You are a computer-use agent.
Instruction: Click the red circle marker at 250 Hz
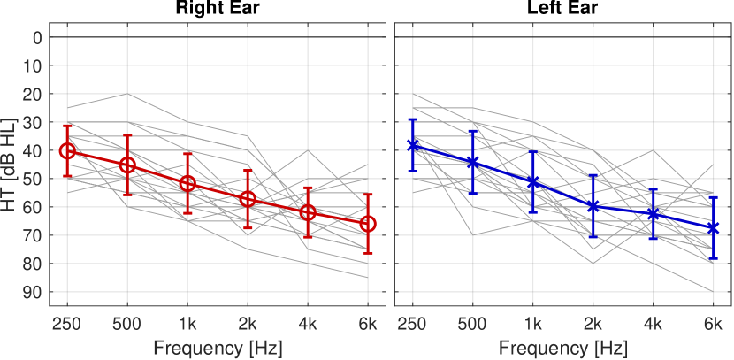point(67,150)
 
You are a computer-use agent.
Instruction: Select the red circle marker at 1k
point(187,183)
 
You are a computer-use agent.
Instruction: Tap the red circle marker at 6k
point(368,224)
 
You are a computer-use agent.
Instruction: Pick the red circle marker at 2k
point(248,199)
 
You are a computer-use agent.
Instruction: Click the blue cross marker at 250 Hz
point(412,145)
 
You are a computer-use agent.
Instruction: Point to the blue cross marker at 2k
point(593,206)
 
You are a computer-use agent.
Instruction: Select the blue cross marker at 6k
point(713,228)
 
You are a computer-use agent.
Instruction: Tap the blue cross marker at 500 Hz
point(472,163)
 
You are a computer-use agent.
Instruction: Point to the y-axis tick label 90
point(34,292)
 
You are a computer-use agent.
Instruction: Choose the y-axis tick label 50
point(34,179)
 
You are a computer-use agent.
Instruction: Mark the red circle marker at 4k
point(308,212)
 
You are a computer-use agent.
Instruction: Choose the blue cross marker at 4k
point(653,214)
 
